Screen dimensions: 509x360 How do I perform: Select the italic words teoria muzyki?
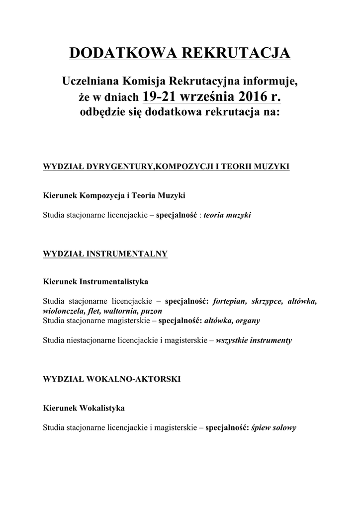(x=231, y=216)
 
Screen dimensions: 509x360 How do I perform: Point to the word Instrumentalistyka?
(x=114, y=282)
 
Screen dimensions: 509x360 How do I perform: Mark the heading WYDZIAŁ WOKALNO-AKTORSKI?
(x=112, y=379)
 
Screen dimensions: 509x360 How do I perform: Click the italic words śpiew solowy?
(x=274, y=427)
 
